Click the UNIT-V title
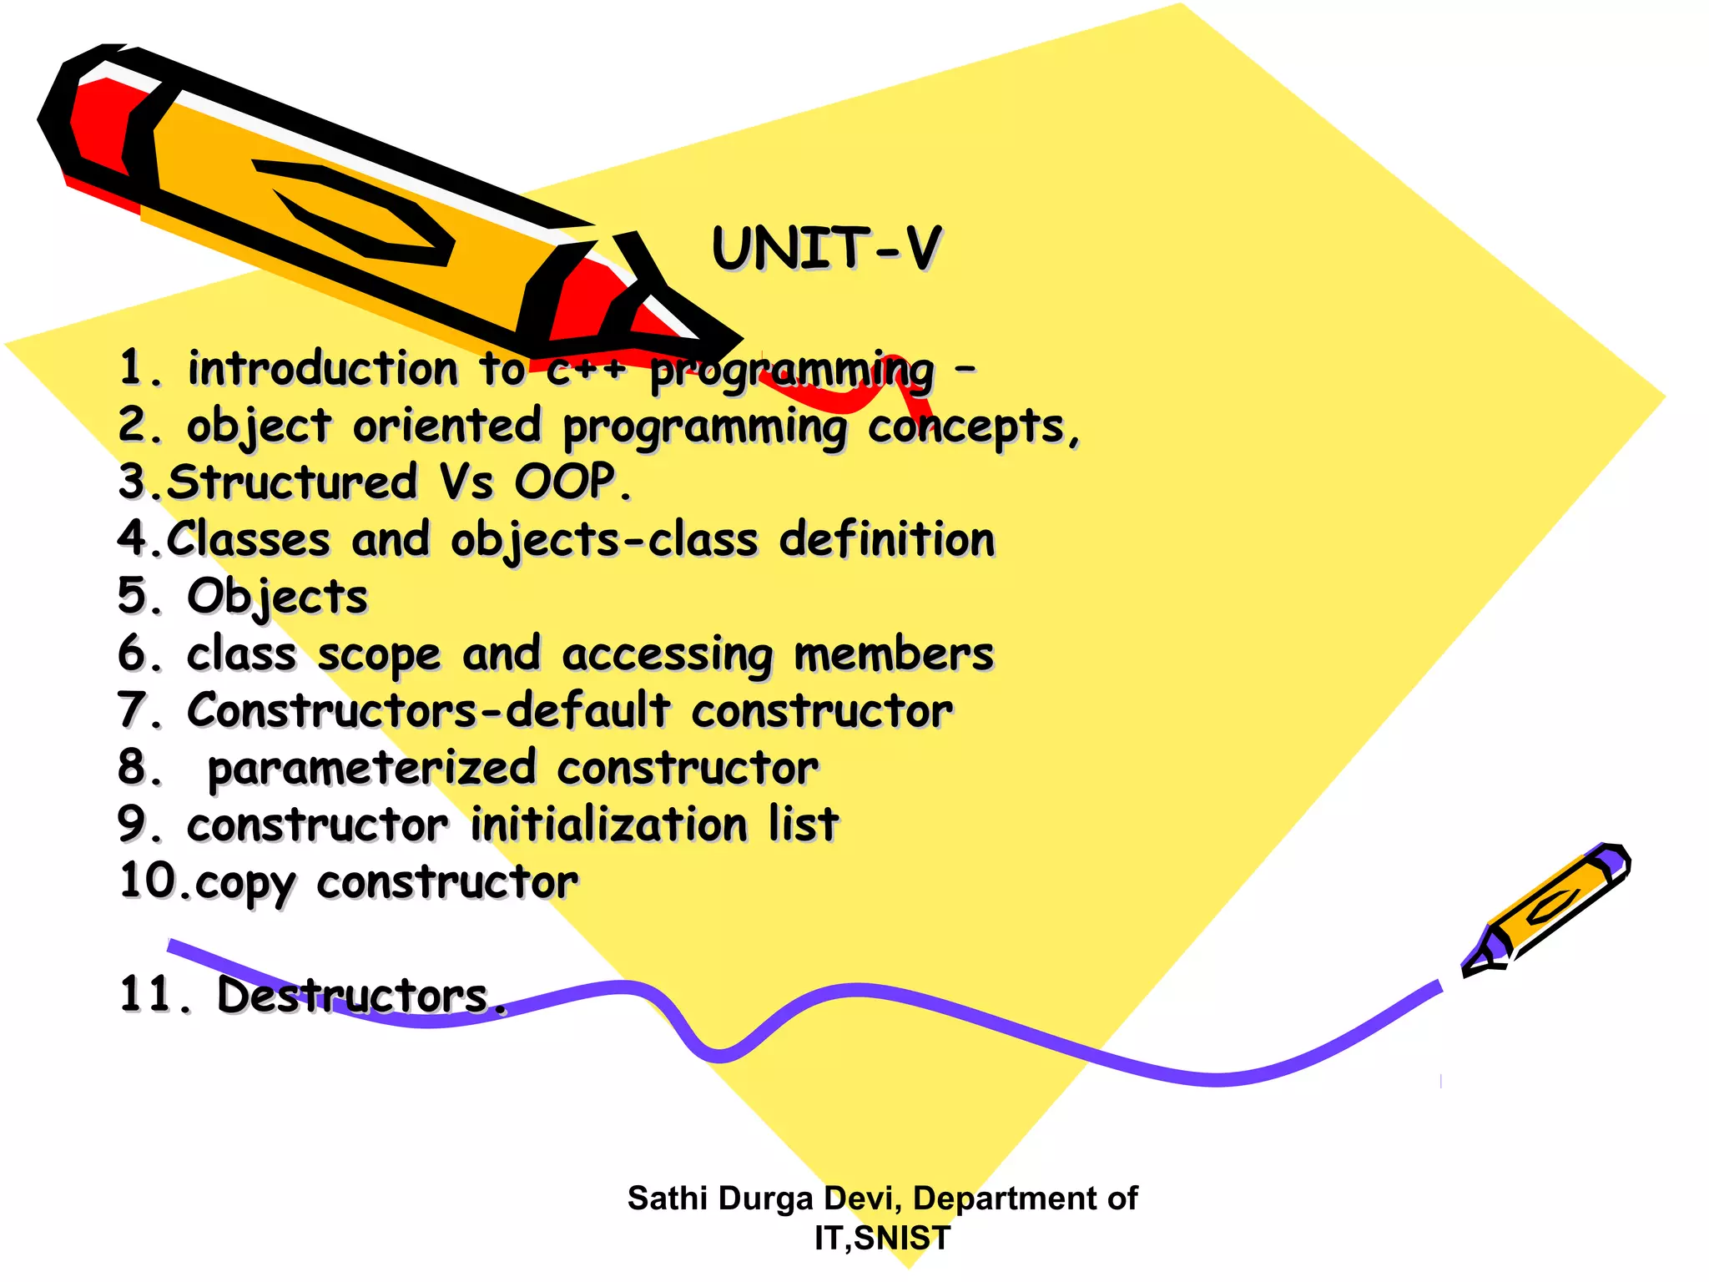(x=826, y=248)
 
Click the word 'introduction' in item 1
(x=323, y=368)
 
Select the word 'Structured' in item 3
(x=292, y=482)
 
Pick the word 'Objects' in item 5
(x=277, y=597)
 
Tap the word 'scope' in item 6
(x=379, y=654)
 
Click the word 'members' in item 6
(x=893, y=654)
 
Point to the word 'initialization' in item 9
(x=609, y=825)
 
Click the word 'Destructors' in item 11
(x=352, y=995)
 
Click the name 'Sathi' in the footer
(x=668, y=1199)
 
